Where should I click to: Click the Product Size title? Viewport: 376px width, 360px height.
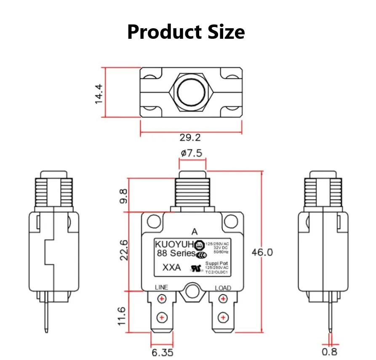(x=186, y=32)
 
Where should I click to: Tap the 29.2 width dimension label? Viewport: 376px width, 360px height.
(x=190, y=137)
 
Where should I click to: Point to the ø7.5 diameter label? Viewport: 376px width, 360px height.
(x=192, y=153)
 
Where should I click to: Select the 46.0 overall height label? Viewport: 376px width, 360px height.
(x=262, y=252)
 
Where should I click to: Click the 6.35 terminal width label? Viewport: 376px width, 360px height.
(x=162, y=352)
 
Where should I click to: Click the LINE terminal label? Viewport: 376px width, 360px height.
(x=161, y=287)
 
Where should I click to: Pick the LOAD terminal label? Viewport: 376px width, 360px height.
(x=223, y=288)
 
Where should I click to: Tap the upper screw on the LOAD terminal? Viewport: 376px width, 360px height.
(x=222, y=299)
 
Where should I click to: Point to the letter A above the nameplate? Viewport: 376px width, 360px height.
(x=194, y=231)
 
